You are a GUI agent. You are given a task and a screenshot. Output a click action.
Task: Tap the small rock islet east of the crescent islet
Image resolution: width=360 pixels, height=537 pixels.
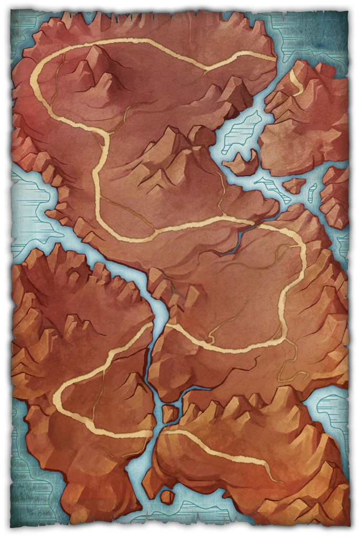294,185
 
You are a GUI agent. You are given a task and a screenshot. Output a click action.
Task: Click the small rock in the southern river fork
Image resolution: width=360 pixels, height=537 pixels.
170,413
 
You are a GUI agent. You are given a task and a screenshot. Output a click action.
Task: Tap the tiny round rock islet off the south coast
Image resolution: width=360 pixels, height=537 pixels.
167,496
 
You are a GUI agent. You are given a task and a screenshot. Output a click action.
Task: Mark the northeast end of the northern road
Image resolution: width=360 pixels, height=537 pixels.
273,59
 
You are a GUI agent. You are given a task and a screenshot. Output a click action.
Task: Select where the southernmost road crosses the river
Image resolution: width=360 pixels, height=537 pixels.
157,433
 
